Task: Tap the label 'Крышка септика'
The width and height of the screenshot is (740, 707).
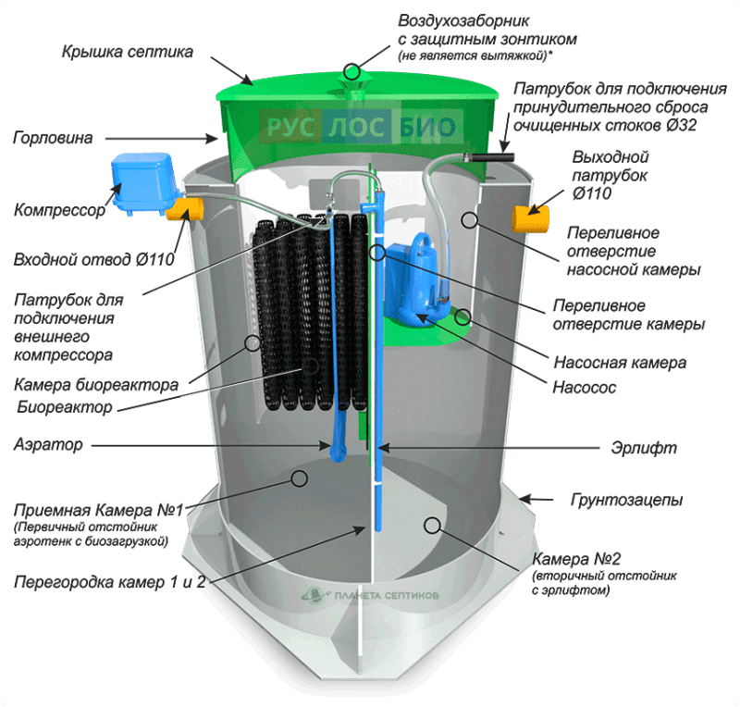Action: pos(128,52)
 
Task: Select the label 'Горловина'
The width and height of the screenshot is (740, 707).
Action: pos(53,139)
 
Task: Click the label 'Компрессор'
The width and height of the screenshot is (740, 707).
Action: pos(60,210)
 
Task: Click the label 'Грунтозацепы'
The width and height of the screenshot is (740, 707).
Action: pos(629,501)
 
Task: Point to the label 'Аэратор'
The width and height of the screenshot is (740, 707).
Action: pos(48,445)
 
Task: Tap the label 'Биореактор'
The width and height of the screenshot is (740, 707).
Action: pos(64,406)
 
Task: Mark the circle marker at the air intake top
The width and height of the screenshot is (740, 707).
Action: pos(351,70)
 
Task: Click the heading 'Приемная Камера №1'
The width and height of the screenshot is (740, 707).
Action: pos(100,510)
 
